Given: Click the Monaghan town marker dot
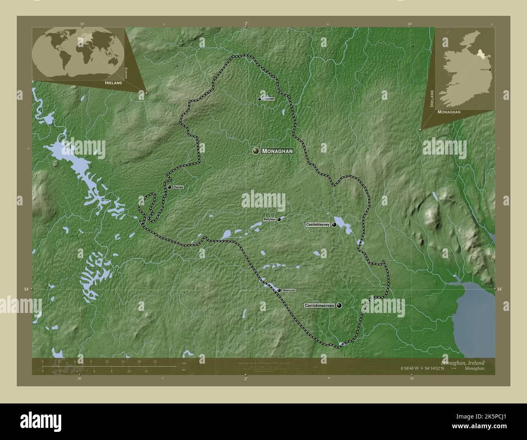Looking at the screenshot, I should (x=256, y=151).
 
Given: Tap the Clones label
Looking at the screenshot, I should (x=178, y=187).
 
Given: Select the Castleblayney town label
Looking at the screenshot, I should (x=318, y=224).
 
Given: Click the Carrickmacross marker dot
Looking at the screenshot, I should (x=339, y=306).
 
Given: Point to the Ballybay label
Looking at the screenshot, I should (x=269, y=219).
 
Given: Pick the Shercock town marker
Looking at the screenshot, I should (x=279, y=290).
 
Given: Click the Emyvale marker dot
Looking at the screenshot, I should (x=259, y=99).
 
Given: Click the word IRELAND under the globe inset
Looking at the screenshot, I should (x=113, y=82).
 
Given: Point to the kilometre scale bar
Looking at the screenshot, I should (x=109, y=366).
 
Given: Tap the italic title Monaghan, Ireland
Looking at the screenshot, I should (x=462, y=362).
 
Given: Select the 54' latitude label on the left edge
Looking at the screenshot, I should (x=26, y=289).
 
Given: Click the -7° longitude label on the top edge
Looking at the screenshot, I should (x=246, y=24).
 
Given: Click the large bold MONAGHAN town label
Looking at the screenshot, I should (x=277, y=151).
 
